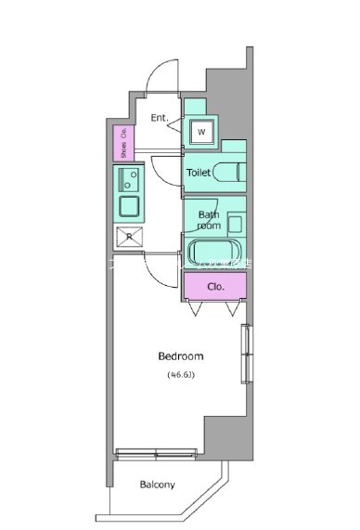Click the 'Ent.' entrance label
coord(160,117)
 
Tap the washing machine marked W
coord(201,131)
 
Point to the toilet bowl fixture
coord(229,173)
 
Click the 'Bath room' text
coord(209,220)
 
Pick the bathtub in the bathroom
coord(215,252)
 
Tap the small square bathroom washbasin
coord(235,224)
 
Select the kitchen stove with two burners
coord(130,175)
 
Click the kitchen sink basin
coord(129,203)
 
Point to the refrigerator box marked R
coord(129,237)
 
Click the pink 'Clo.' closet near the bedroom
coord(215,286)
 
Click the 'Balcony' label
coord(159,485)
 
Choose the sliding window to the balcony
coord(157,454)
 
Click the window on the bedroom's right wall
coord(247,354)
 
